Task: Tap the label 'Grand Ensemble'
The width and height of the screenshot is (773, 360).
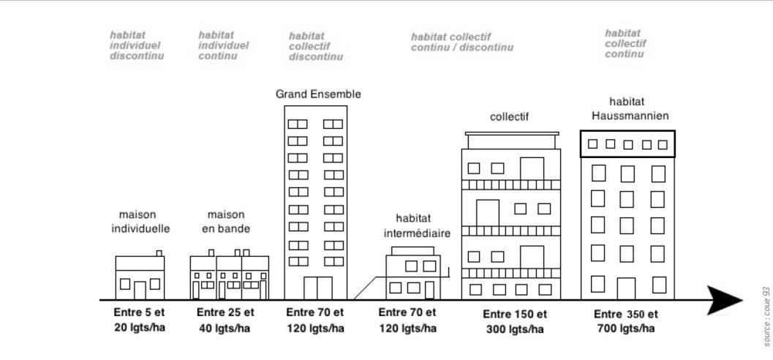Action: [x=318, y=94]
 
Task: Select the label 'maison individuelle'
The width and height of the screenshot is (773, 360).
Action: [x=140, y=222]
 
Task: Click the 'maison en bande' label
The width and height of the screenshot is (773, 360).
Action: [x=226, y=222]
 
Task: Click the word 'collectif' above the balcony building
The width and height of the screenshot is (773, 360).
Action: [x=509, y=116]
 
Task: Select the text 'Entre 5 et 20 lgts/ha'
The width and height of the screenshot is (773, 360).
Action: [x=140, y=320]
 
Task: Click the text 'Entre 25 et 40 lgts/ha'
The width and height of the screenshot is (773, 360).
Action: [x=225, y=320]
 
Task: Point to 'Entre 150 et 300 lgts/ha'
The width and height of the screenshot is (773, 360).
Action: [x=515, y=322]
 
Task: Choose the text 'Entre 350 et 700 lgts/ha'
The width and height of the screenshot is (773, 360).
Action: [x=626, y=322]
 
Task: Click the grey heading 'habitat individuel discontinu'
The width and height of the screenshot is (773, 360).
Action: [x=136, y=45]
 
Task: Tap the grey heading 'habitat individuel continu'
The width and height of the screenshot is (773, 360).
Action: [x=223, y=45]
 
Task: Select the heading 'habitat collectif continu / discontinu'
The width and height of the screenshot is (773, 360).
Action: [x=461, y=42]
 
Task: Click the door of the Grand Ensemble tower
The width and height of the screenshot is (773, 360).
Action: [x=317, y=288]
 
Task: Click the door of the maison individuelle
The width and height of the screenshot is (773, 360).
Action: [x=140, y=290]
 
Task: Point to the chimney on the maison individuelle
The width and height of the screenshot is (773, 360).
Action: [x=159, y=253]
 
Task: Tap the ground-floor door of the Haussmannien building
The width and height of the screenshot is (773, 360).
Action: [x=626, y=288]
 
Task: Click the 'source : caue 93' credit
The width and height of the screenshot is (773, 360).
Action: [x=766, y=316]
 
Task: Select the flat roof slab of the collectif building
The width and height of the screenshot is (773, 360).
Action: [x=511, y=133]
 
